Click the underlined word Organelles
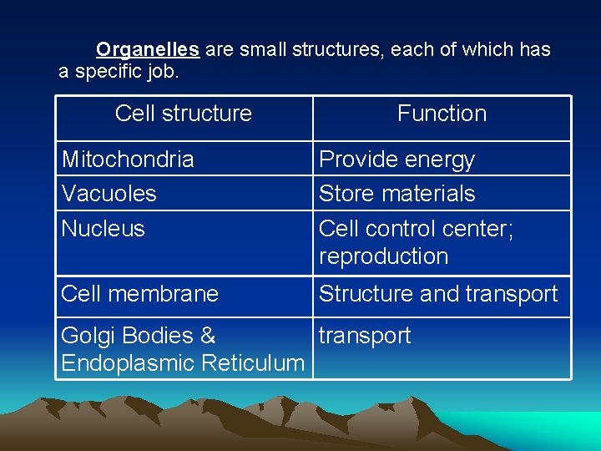pos(148,50)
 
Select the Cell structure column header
pos(184,114)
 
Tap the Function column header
pos(442,114)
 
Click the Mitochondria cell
pos(128,160)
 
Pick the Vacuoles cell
pos(109,194)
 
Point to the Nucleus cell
pos(104,229)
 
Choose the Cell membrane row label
pos(140,294)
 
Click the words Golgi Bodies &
pos(139,336)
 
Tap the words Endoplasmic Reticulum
pos(183,363)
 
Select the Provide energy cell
pos(397,160)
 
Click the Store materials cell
pos(397,194)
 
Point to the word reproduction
pos(384,256)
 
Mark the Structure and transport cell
pos(438,294)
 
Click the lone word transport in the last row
pos(365,336)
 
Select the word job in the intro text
pos(161,72)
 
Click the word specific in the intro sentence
pos(108,72)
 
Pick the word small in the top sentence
pos(261,50)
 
